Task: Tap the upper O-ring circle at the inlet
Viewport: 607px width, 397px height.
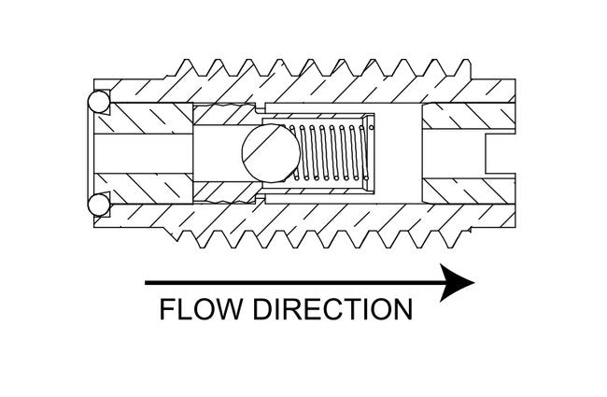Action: pyautogui.click(x=98, y=102)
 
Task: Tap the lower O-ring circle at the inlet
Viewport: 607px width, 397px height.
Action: pyautogui.click(x=98, y=203)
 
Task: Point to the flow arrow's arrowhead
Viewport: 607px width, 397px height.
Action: pyautogui.click(x=458, y=281)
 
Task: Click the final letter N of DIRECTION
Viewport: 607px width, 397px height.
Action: pyautogui.click(x=401, y=309)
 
